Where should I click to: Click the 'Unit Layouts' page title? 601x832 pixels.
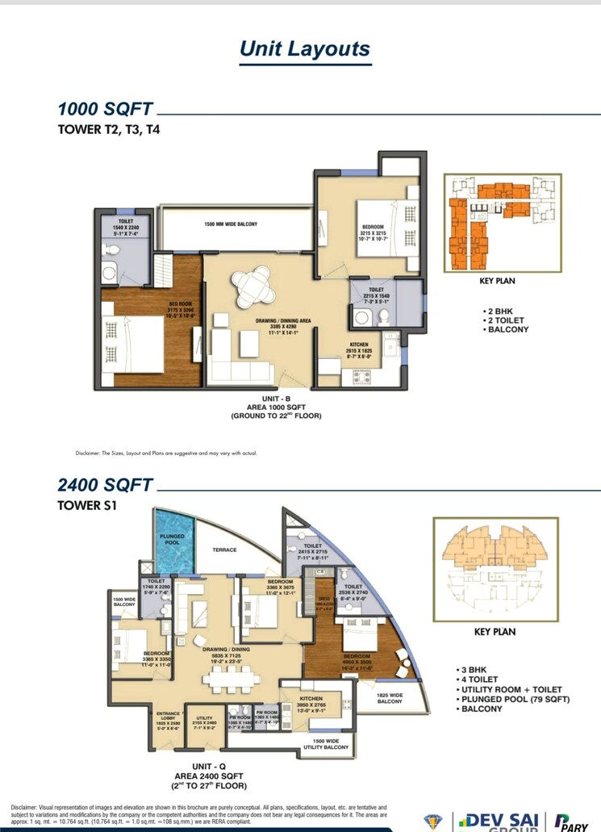(304, 48)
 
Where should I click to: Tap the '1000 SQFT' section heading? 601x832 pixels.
(105, 109)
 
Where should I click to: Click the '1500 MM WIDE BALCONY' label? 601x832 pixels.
(231, 224)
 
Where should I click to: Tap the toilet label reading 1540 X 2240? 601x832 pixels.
(126, 228)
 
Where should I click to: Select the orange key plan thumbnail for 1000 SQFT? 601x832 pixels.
(503, 223)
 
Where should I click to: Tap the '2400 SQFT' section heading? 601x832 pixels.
(105, 486)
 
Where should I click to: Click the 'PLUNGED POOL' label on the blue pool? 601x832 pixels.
(172, 540)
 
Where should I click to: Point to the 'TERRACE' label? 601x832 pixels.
(224, 550)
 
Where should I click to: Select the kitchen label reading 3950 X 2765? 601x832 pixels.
(311, 704)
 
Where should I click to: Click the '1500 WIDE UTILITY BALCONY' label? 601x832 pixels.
(326, 744)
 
